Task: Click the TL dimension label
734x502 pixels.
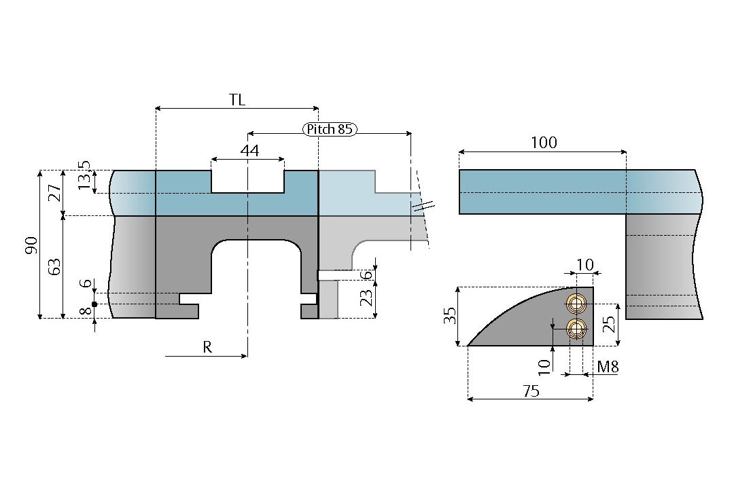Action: coord(237,100)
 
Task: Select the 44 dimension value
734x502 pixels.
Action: coord(249,151)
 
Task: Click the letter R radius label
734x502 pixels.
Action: coord(207,347)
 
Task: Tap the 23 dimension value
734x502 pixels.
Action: coord(368,298)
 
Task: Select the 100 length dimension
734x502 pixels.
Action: coord(544,143)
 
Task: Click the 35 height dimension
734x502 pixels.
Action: coord(449,316)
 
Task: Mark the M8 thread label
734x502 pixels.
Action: coord(608,367)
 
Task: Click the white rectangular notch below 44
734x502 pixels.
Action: coord(247,181)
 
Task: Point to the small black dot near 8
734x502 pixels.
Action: coord(94,304)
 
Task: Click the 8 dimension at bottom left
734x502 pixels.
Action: coord(85,313)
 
